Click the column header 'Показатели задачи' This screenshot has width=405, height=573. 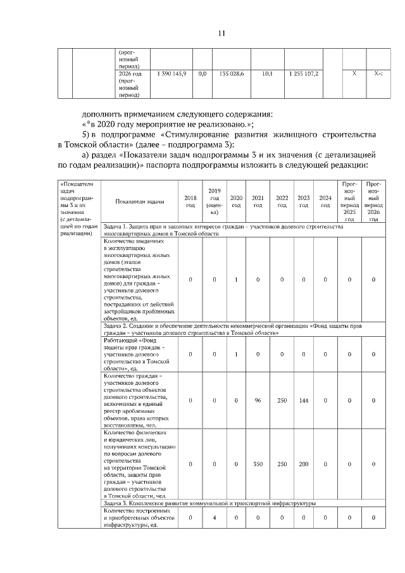click(x=140, y=201)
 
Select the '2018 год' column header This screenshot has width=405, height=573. click(x=190, y=201)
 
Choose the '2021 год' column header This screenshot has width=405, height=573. click(x=258, y=201)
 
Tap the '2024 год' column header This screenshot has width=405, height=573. click(x=325, y=201)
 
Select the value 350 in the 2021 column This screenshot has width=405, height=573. click(x=258, y=463)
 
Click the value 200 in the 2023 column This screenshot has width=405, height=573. click(x=303, y=463)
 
